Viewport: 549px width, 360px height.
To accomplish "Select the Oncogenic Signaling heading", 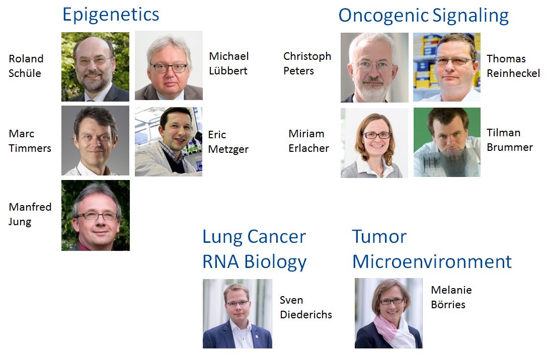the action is (x=424, y=16).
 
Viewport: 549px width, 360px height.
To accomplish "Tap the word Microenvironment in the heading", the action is (x=432, y=261).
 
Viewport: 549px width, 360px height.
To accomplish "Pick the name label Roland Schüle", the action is (x=26, y=66).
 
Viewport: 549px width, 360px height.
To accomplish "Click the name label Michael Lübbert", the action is (x=228, y=63).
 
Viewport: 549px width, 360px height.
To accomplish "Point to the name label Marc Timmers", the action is (x=30, y=141).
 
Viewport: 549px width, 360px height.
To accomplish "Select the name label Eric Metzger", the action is (x=228, y=142).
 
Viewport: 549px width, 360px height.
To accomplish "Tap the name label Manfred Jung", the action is (x=30, y=214).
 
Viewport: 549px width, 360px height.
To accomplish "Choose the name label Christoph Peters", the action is (x=307, y=63).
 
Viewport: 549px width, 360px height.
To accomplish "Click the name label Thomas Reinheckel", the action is (x=513, y=66).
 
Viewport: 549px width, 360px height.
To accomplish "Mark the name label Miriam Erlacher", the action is (x=309, y=141).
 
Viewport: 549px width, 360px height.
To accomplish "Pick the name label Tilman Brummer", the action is (x=510, y=140).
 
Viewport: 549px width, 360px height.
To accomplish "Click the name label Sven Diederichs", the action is (x=306, y=307).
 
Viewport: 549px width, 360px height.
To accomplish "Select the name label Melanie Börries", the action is (x=451, y=297).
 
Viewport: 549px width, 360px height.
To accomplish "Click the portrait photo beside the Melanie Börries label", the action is (x=388, y=313).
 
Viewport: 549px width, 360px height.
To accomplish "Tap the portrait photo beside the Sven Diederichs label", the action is (x=238, y=313).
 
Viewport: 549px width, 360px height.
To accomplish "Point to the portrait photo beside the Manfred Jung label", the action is (x=96, y=216).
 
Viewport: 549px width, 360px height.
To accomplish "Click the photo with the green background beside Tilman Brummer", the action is (x=447, y=142).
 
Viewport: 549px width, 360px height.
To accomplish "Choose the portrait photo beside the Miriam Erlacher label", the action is (x=374, y=143).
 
